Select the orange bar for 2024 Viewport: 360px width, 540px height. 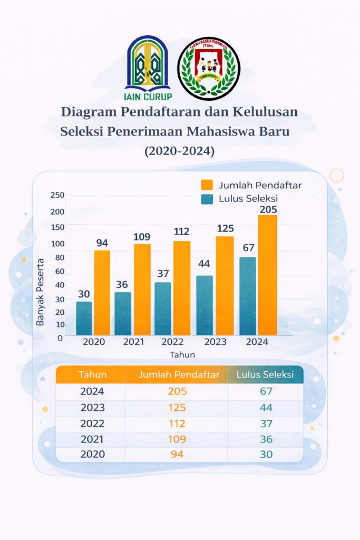pyautogui.click(x=267, y=275)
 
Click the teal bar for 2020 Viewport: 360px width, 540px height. pyautogui.click(x=84, y=318)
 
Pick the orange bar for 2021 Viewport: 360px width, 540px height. pyautogui.click(x=142, y=289)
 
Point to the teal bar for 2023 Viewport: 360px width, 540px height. pyautogui.click(x=205, y=305)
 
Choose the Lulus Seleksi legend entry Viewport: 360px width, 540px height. pyautogui.click(x=239, y=199)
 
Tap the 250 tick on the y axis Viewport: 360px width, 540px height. pyautogui.click(x=57, y=195)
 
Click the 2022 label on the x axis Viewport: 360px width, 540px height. pyautogui.click(x=172, y=342)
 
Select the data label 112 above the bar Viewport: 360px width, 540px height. pyautogui.click(x=182, y=231)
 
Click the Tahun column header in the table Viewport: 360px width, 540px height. pyautogui.click(x=93, y=375)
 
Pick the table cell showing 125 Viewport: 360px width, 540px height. pyautogui.click(x=177, y=408)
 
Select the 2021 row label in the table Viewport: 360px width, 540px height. pyautogui.click(x=92, y=439)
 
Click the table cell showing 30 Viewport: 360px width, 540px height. pyautogui.click(x=266, y=454)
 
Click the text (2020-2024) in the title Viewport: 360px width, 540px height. pyautogui.click(x=180, y=151)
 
